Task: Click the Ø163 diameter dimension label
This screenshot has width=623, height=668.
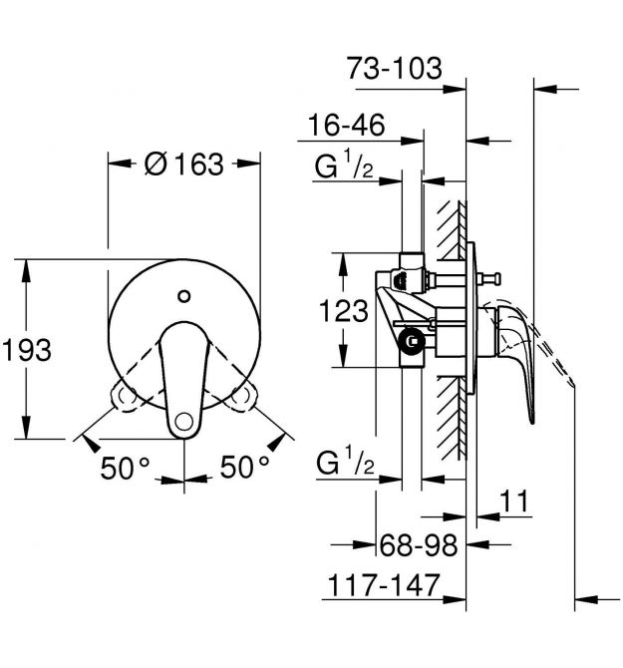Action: [x=184, y=165]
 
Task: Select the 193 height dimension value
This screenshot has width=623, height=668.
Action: [x=27, y=350]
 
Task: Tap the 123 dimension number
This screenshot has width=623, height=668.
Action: [x=343, y=310]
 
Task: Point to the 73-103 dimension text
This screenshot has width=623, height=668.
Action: [x=395, y=68]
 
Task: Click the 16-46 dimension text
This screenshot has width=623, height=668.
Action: [x=346, y=126]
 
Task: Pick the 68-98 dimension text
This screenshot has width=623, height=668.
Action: [x=419, y=545]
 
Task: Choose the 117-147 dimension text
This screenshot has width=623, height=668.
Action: [x=384, y=585]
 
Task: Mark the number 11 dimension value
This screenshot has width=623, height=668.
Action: [x=514, y=501]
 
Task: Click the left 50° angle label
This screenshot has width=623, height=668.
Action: [x=126, y=468]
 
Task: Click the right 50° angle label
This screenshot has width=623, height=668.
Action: [x=245, y=467]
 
